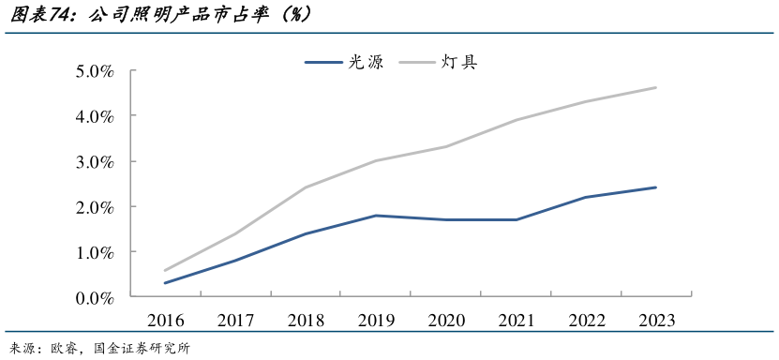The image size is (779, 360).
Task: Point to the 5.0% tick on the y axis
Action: [95, 71]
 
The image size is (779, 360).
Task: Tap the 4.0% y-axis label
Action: [95, 116]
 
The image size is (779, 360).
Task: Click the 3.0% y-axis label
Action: [95, 161]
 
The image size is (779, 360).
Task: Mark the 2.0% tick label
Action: [95, 206]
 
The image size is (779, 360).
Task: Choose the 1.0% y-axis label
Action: [95, 252]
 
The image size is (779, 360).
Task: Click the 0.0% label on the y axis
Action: [95, 297]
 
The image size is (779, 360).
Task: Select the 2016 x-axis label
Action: [166, 321]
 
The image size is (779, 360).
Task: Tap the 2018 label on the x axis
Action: [306, 321]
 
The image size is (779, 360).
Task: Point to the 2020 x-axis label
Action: [446, 321]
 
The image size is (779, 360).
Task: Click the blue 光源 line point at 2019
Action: [376, 216]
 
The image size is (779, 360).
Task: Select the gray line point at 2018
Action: [306, 187]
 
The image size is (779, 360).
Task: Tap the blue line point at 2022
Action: [586, 197]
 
